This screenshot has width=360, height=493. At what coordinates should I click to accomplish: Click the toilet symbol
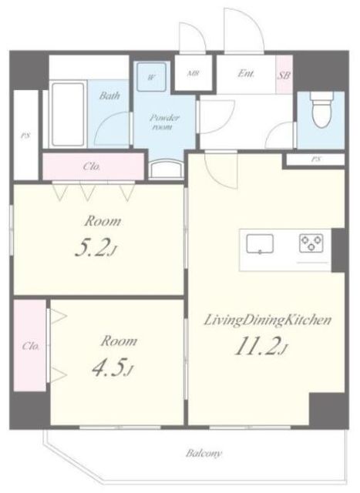[x=321, y=110]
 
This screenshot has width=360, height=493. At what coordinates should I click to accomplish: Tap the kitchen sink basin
[x=260, y=243]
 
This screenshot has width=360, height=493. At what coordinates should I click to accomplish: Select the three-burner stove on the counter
[x=311, y=243]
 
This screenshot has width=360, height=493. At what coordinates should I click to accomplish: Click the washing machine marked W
[x=152, y=77]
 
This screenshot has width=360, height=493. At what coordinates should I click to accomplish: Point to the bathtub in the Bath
[x=68, y=115]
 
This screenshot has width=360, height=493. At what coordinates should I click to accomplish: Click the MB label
[x=192, y=74]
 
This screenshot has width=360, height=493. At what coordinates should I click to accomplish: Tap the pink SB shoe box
[x=284, y=75]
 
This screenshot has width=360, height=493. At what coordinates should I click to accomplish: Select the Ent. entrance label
[x=246, y=74]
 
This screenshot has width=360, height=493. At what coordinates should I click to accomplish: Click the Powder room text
[x=164, y=122]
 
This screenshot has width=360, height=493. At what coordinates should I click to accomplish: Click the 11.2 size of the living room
[x=261, y=347]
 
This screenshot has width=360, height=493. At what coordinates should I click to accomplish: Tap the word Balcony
[x=204, y=453]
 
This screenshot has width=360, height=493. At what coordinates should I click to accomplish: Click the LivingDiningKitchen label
[x=267, y=320]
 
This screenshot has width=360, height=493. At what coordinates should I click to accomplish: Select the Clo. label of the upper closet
[x=92, y=166]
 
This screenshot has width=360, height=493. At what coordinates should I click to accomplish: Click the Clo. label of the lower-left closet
[x=31, y=346]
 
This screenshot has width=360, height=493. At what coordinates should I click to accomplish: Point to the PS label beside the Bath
[x=25, y=136]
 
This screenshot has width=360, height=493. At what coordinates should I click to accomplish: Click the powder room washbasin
[x=167, y=169]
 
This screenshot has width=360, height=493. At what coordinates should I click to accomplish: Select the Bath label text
[x=109, y=96]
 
